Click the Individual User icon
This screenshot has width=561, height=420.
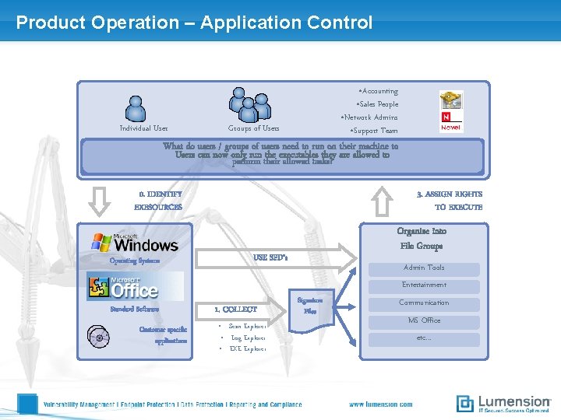point(136,108)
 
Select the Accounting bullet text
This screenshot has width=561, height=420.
point(378,91)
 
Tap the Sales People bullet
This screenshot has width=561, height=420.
point(377,104)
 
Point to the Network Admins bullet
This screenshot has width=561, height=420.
point(369,117)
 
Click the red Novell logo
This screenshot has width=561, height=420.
point(451,122)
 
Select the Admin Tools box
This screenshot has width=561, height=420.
point(424,268)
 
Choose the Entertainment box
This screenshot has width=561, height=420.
point(424,285)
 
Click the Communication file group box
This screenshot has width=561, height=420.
point(424,303)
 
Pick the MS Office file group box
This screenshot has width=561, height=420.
point(424,320)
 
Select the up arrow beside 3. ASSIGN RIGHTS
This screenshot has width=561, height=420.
point(381,201)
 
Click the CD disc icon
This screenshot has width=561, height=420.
point(98,337)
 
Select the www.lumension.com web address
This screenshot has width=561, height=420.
point(381,404)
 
